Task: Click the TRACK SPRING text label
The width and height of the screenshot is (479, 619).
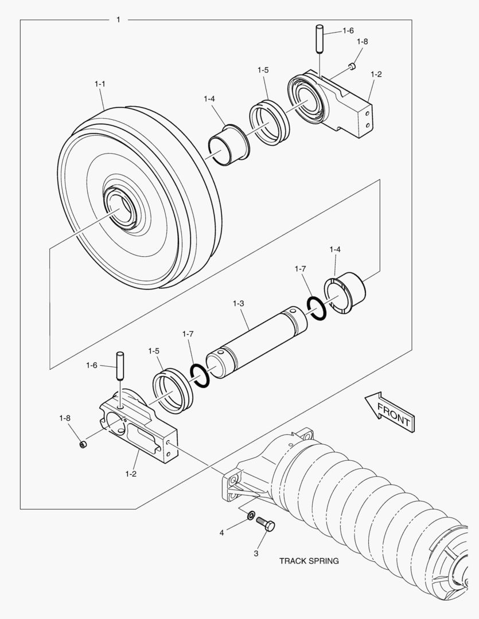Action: coord(309,561)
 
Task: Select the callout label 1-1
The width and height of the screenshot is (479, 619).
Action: coord(100,84)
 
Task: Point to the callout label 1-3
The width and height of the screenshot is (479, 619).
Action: coord(239,301)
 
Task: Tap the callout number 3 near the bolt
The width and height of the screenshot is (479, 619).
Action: coord(256,554)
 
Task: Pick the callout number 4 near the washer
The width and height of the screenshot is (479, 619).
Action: coord(221,532)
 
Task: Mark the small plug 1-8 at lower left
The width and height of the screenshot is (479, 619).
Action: coord(83,445)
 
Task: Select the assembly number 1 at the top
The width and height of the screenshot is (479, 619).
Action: coord(118,20)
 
